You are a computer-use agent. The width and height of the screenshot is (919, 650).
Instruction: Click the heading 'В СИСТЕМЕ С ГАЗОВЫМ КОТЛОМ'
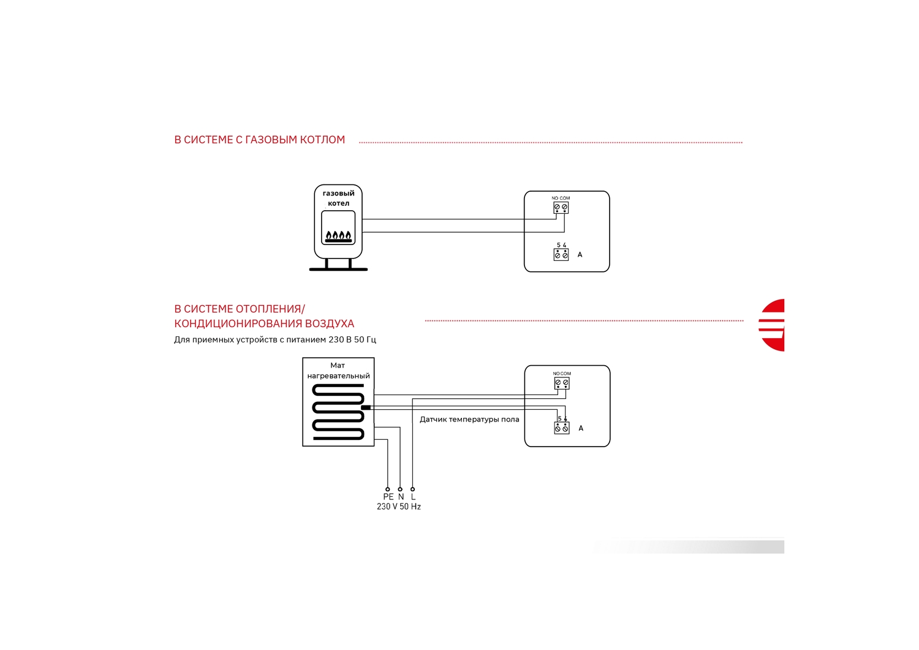pos(259,140)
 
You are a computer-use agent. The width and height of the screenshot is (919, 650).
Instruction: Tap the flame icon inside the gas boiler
pos(338,236)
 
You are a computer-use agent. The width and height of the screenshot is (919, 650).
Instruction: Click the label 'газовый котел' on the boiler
pos(338,198)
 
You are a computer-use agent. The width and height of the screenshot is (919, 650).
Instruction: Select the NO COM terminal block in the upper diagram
pos(561,208)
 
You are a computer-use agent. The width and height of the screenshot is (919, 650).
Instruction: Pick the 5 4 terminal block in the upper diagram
pos(561,255)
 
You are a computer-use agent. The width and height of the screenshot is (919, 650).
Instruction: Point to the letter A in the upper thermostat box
pos(580,255)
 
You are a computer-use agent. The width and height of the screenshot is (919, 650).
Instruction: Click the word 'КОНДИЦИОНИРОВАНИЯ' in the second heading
pos(236,323)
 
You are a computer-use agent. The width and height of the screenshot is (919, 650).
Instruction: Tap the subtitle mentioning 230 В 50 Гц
pos(275,340)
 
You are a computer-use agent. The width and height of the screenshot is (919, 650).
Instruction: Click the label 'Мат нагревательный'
pos(338,371)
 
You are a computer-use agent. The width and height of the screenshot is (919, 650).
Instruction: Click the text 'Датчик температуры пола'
pos(469,420)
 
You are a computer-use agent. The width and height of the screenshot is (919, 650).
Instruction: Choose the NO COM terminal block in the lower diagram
pos(562,384)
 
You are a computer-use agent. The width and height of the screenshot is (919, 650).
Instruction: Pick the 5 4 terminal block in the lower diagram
pos(562,428)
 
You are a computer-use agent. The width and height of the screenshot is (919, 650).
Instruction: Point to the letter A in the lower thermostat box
pos(581,428)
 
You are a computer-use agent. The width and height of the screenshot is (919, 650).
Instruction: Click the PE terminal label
pos(388,497)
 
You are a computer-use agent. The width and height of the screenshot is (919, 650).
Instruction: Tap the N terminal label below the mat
pos(401,497)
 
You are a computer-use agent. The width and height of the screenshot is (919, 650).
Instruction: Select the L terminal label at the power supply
pos(413,497)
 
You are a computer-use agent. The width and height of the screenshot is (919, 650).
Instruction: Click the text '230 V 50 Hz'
pos(399,507)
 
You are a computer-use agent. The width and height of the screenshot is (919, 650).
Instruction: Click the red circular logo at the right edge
pos(772,325)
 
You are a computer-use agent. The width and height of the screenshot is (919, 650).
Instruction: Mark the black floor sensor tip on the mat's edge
pos(366,407)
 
